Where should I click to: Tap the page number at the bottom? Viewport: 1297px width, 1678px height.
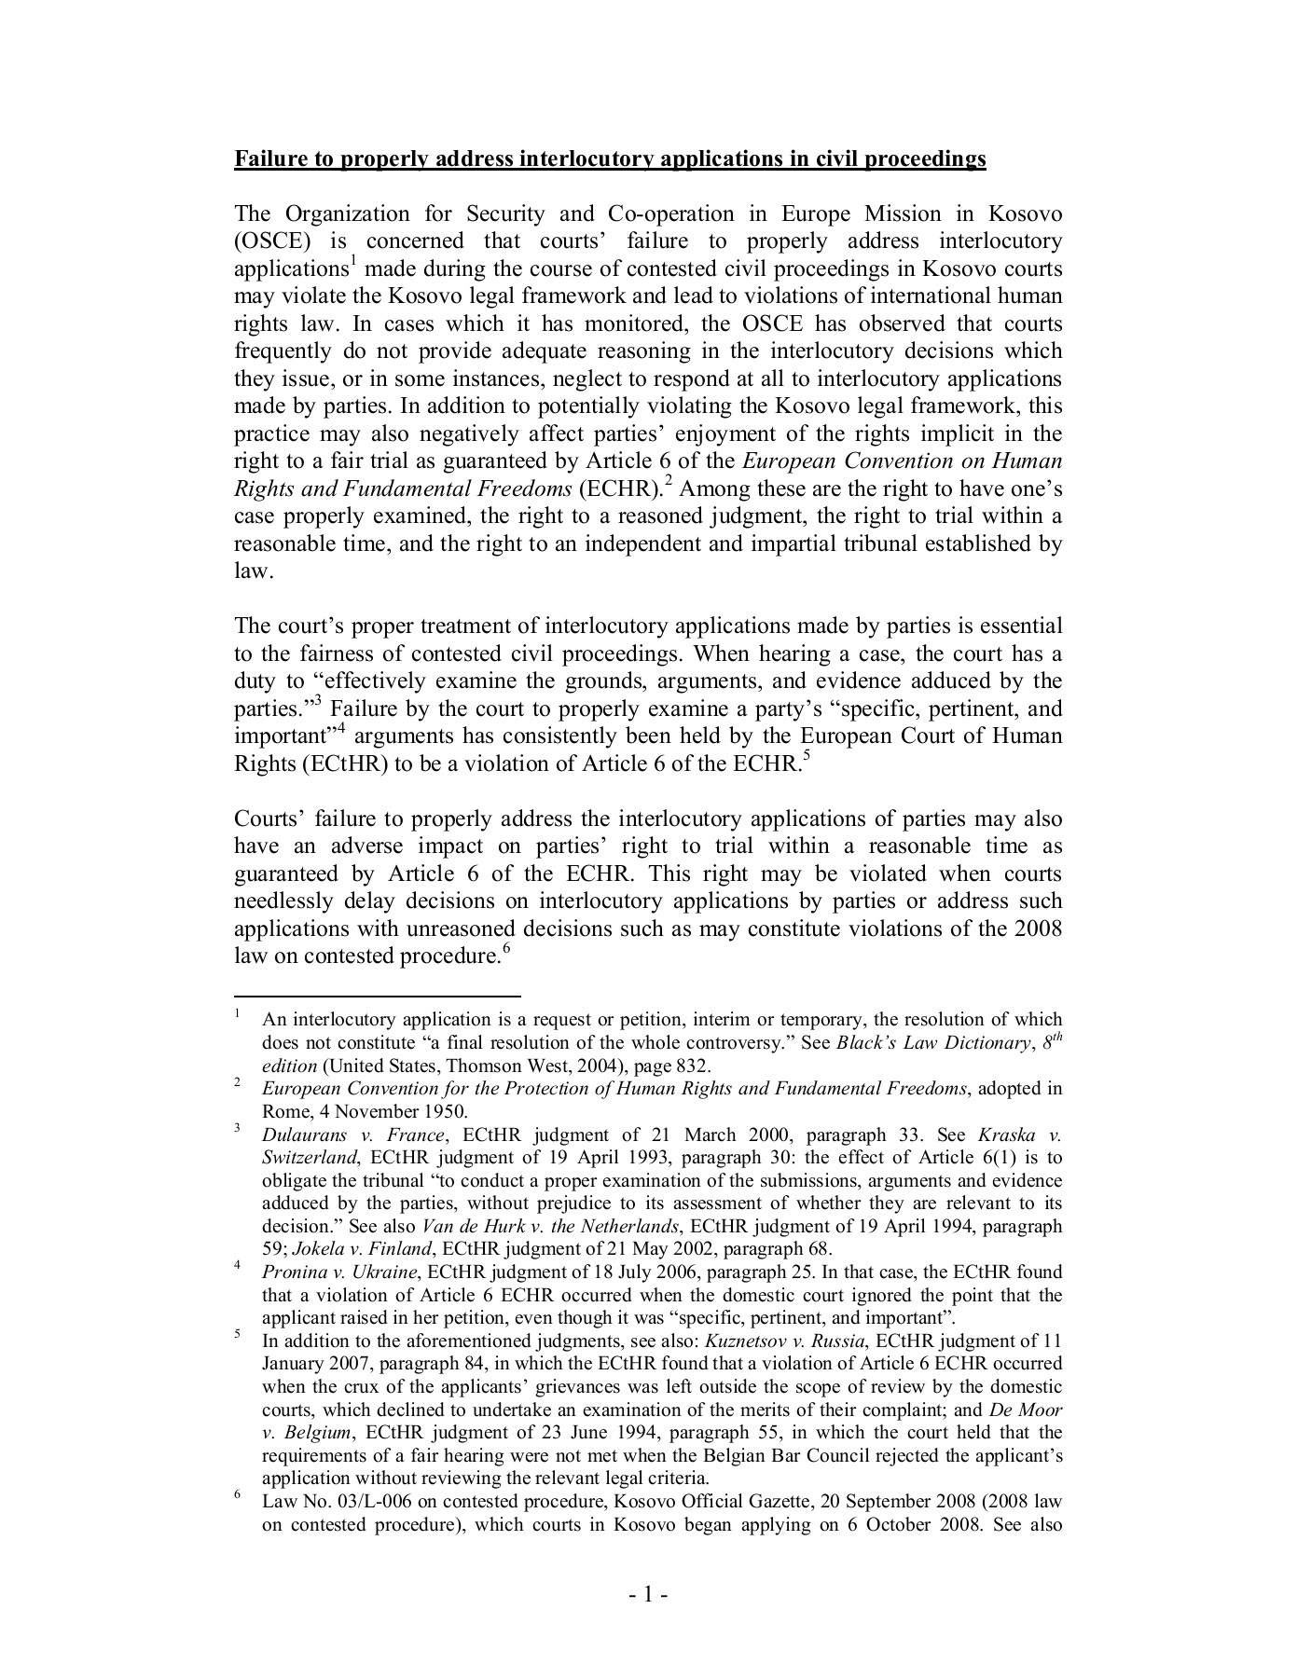point(647,1596)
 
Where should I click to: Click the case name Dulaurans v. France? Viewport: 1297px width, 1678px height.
point(355,1135)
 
